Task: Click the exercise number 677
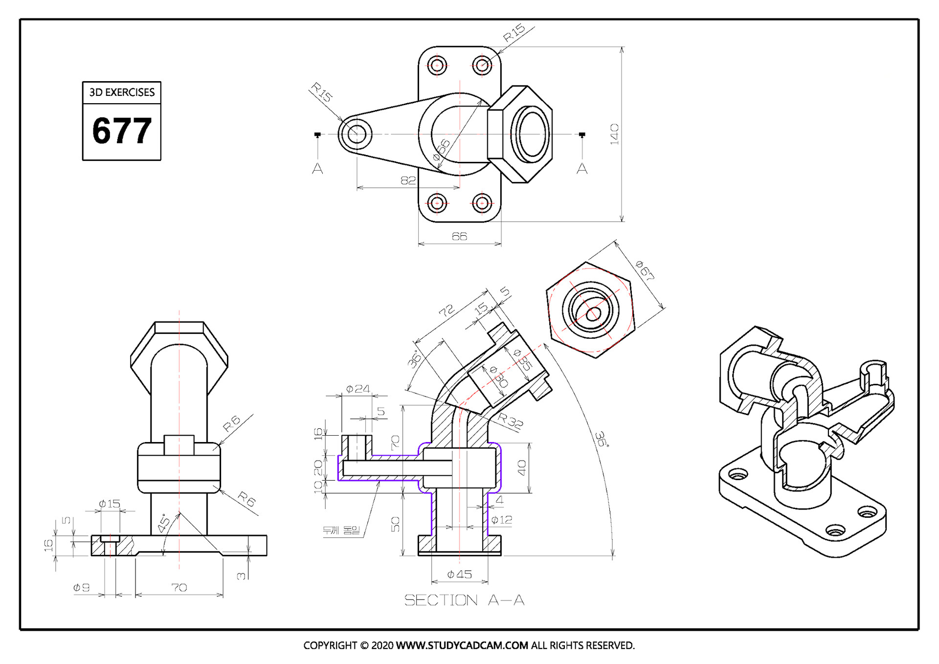coord(122,131)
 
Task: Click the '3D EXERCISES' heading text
coord(122,92)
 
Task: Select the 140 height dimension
coord(614,134)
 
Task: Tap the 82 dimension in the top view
coord(408,180)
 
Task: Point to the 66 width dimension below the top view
coord(459,237)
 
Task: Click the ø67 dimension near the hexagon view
coord(645,270)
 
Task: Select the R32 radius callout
coord(511,421)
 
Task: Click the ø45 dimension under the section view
coord(460,575)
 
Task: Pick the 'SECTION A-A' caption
coord(464,600)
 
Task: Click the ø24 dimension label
coord(358,389)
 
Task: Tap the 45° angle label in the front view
coord(164,524)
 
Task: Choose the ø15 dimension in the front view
coord(109,504)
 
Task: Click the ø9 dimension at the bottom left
coord(81,587)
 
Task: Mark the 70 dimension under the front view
coord(179,587)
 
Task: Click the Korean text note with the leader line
coord(341,530)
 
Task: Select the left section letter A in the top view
coord(317,169)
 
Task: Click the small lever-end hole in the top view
coord(357,133)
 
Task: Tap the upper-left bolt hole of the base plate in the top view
coord(437,65)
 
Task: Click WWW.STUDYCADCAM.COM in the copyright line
coord(462,645)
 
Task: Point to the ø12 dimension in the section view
coord(502,520)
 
